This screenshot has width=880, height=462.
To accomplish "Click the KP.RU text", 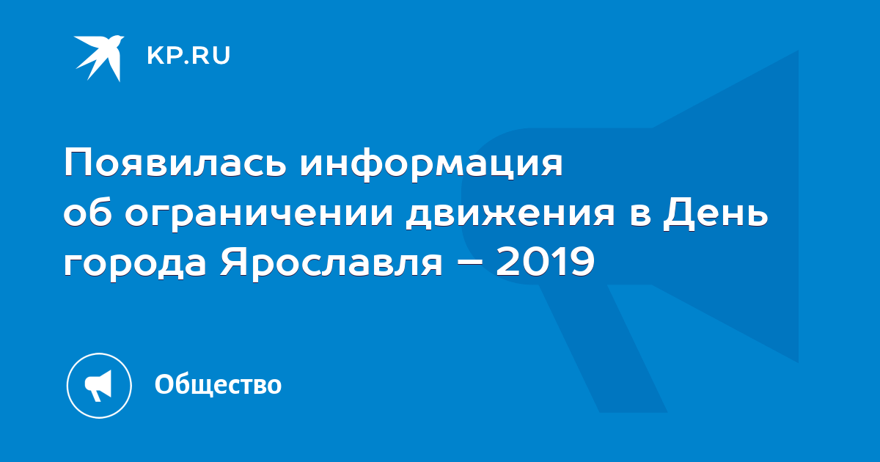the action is coord(188,56).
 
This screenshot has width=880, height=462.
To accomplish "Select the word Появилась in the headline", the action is coord(175,163).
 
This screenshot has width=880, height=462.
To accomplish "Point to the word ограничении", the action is coord(259,216).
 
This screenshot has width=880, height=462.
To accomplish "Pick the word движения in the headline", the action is coord(510,216).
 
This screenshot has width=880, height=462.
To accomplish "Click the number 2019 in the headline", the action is coord(545,261).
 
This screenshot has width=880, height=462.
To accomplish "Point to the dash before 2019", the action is coord(469,262).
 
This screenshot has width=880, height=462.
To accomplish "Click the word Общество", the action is coord(218,384).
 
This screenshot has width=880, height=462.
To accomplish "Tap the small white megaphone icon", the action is coord(98,385).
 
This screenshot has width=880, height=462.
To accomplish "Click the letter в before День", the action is coord(640,216).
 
